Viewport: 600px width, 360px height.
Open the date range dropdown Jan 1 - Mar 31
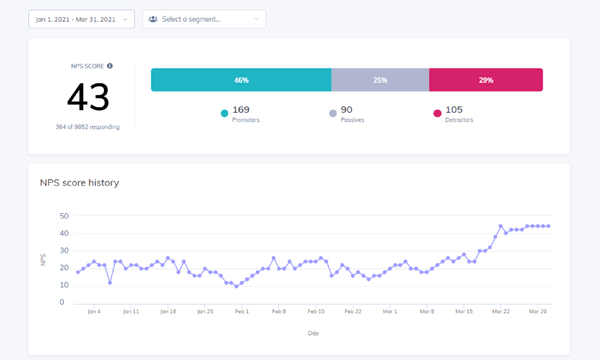(81, 19)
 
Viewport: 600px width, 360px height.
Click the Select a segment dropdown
(204, 19)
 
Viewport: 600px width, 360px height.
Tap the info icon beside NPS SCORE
(109, 66)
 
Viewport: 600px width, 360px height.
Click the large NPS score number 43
(88, 97)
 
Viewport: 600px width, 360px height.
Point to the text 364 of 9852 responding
(88, 127)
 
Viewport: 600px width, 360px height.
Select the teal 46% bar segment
(241, 80)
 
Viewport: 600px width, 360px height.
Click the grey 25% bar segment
(380, 80)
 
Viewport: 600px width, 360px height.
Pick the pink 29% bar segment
(486, 80)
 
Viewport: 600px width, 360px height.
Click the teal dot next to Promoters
(224, 113)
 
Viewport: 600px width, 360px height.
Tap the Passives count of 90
(347, 109)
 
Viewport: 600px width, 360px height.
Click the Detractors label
(459, 120)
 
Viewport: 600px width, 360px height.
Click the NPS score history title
(79, 183)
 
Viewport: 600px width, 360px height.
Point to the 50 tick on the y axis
(64, 216)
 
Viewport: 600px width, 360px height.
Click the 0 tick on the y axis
(62, 302)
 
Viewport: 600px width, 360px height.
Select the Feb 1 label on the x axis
(242, 311)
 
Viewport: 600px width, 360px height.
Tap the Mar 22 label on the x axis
(500, 311)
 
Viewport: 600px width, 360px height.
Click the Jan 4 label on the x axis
(93, 311)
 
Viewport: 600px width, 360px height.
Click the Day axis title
(313, 333)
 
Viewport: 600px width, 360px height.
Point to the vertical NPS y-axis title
(44, 260)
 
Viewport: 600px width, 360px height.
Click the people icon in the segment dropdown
(153, 19)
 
